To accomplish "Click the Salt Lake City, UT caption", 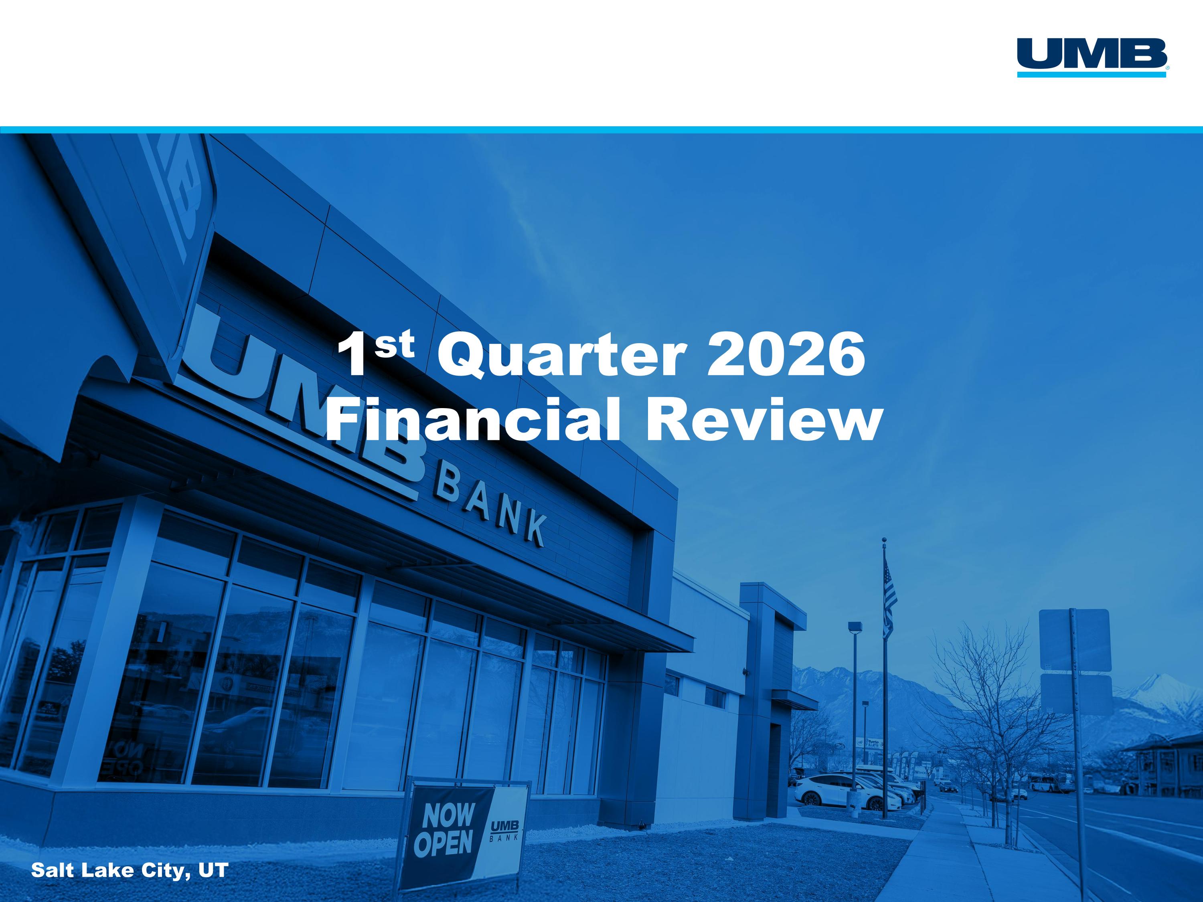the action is tap(130, 870).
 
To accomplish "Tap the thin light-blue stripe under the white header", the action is tap(601, 130).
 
